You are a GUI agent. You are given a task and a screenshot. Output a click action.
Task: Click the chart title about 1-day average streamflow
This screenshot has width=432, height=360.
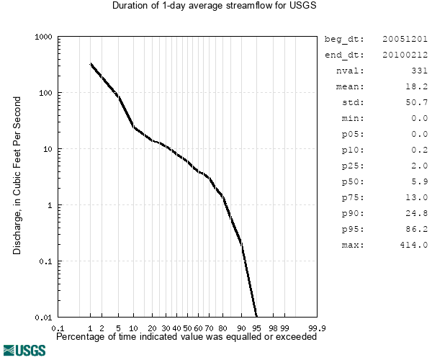(215, 6)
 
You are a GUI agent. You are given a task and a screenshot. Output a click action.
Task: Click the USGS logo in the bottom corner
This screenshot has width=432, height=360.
(24, 350)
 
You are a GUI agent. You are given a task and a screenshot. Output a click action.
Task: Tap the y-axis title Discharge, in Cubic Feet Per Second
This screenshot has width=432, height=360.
(17, 177)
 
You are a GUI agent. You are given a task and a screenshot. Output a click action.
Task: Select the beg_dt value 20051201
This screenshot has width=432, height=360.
(405, 39)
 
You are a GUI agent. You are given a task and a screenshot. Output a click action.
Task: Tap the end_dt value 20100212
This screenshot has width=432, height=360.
(405, 55)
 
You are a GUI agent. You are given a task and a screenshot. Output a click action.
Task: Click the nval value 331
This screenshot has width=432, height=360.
(418, 71)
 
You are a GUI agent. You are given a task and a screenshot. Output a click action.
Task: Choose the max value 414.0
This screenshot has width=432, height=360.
(414, 245)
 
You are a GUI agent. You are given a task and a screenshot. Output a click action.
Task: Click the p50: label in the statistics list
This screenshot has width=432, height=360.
(353, 181)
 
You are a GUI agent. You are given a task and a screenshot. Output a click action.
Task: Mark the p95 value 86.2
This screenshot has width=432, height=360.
(417, 229)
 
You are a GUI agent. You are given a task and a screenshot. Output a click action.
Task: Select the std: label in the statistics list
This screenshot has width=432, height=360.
(353, 102)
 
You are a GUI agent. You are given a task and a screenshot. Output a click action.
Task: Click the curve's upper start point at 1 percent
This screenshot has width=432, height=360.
(91, 64)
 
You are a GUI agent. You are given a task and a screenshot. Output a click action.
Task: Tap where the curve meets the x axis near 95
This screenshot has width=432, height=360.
(256, 316)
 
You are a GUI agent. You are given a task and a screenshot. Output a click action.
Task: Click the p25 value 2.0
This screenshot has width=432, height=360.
(420, 166)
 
